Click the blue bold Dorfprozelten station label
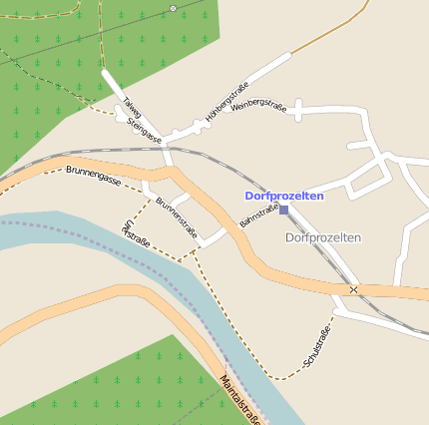(x=284, y=197)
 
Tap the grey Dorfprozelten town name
(x=322, y=237)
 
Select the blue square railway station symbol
(x=284, y=211)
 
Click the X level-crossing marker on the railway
(x=353, y=289)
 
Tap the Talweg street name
(x=132, y=107)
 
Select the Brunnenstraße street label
(x=177, y=219)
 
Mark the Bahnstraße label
(x=258, y=213)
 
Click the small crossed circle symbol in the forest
(x=173, y=8)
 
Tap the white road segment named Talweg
(x=116, y=85)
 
